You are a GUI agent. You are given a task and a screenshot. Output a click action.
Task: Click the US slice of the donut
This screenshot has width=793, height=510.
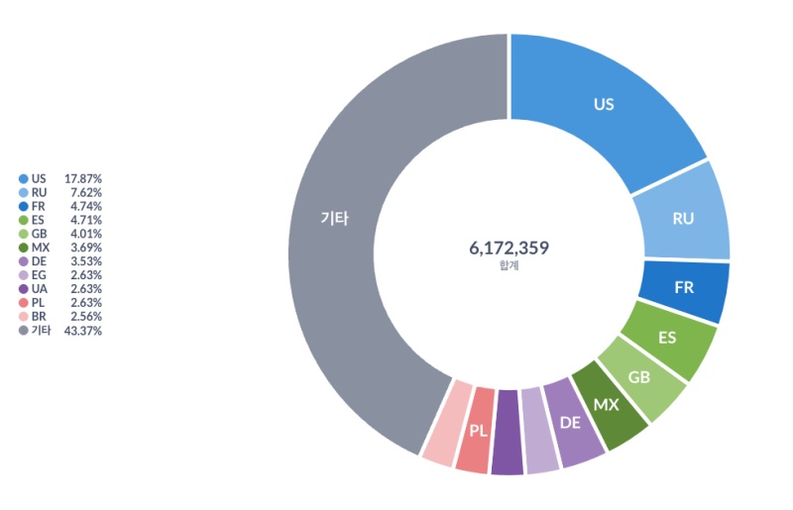pyautogui.click(x=605, y=104)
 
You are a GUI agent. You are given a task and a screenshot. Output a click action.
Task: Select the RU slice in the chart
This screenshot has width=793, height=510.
pyautogui.click(x=683, y=218)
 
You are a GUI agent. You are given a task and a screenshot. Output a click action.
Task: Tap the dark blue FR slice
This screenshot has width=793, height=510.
pyautogui.click(x=684, y=288)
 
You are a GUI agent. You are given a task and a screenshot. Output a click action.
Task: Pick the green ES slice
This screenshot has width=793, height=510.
pyautogui.click(x=667, y=338)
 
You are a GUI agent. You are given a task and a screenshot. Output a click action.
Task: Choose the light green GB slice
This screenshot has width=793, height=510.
pyautogui.click(x=639, y=378)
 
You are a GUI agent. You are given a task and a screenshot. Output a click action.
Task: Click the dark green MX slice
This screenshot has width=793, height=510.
pyautogui.click(x=606, y=406)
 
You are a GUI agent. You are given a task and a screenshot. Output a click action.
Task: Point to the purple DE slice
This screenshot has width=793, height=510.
pyautogui.click(x=570, y=423)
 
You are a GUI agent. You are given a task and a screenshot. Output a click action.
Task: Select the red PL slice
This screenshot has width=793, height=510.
pyautogui.click(x=478, y=431)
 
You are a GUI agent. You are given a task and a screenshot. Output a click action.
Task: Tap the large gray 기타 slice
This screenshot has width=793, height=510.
pyautogui.click(x=334, y=220)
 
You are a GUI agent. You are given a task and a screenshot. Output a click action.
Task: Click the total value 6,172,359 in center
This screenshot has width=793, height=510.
pyautogui.click(x=509, y=248)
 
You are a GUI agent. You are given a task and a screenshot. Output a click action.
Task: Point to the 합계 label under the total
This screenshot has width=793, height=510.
pyautogui.click(x=509, y=265)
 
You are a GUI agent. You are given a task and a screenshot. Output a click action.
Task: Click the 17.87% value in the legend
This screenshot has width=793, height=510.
pyautogui.click(x=83, y=178)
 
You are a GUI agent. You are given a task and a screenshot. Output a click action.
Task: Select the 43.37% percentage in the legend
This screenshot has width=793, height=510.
pyautogui.click(x=83, y=331)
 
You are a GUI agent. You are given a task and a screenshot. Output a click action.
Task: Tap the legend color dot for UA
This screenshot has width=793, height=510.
pyautogui.click(x=23, y=289)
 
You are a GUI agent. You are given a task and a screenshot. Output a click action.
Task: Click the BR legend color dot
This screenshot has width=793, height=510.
pyautogui.click(x=23, y=317)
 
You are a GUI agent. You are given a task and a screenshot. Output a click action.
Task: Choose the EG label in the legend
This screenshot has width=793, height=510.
pyautogui.click(x=39, y=275)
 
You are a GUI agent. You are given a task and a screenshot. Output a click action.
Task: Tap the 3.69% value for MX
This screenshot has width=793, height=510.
pyautogui.click(x=86, y=248)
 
